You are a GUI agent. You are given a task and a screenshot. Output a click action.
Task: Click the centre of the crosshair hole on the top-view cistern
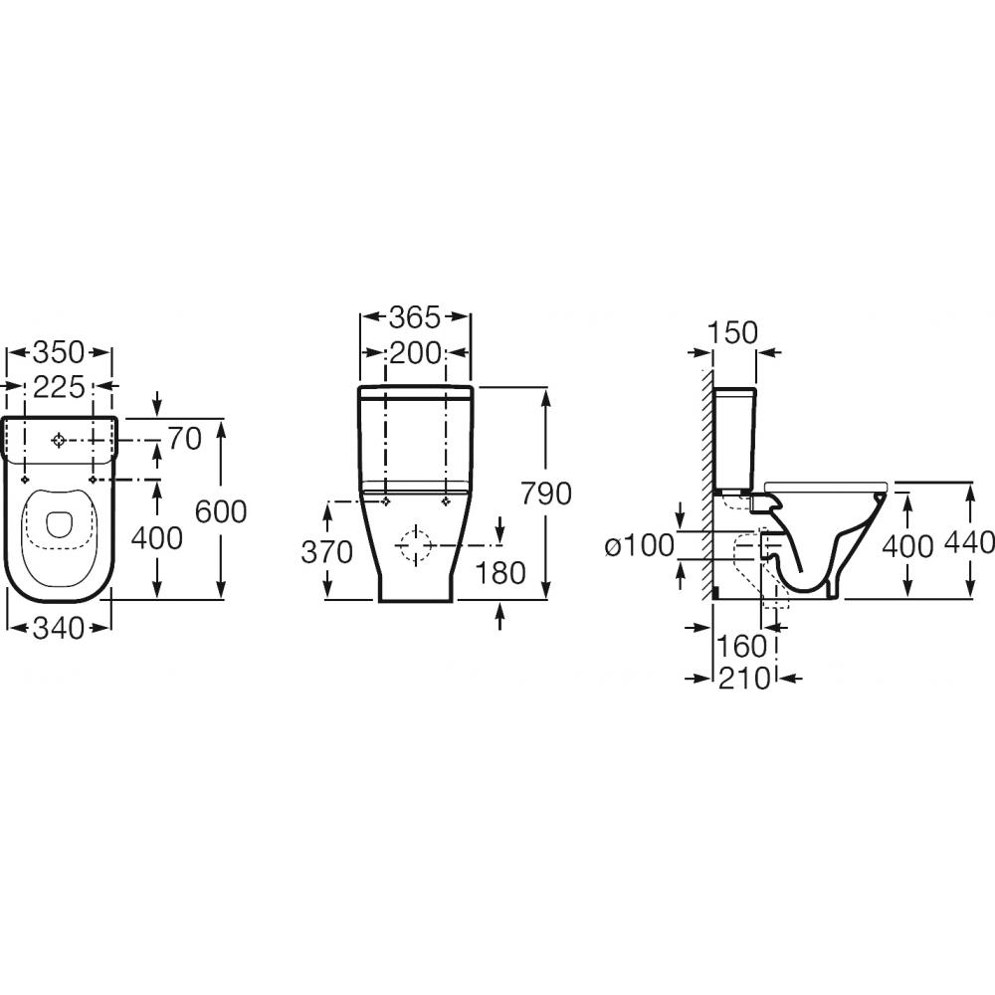pyautogui.click(x=59, y=440)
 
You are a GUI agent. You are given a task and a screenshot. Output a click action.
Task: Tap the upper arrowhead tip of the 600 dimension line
pyautogui.click(x=221, y=420)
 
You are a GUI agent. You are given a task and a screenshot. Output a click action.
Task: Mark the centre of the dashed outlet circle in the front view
pyautogui.click(x=416, y=544)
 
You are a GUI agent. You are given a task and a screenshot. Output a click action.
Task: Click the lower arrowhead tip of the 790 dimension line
pyautogui.click(x=546, y=598)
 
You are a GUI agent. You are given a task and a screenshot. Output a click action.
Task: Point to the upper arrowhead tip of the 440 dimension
pyautogui.click(x=970, y=484)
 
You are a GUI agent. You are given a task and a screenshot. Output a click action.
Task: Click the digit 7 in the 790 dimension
pyautogui.click(x=530, y=494)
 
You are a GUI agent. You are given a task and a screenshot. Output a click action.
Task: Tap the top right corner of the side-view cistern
pyautogui.click(x=756, y=388)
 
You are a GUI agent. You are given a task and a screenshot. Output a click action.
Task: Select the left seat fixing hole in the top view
pyautogui.click(x=24, y=480)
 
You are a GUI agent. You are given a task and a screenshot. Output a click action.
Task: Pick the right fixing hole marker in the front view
pyautogui.click(x=447, y=501)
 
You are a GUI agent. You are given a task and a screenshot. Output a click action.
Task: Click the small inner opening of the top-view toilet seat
pyautogui.click(x=59, y=524)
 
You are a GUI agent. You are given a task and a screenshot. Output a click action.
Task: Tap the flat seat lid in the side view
pyautogui.click(x=826, y=487)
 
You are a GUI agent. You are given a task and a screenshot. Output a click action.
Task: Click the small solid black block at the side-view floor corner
pyautogui.click(x=715, y=593)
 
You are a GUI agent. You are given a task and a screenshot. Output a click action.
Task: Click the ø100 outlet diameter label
pyautogui.click(x=639, y=545)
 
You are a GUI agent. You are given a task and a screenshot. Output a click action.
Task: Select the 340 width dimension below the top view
pyautogui.click(x=59, y=628)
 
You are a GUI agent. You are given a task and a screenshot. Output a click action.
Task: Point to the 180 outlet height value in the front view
pyautogui.click(x=500, y=572)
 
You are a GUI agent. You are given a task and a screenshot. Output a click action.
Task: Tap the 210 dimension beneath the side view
pyautogui.click(x=743, y=679)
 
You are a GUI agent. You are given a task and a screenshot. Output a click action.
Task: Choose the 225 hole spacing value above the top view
pyautogui.click(x=59, y=387)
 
